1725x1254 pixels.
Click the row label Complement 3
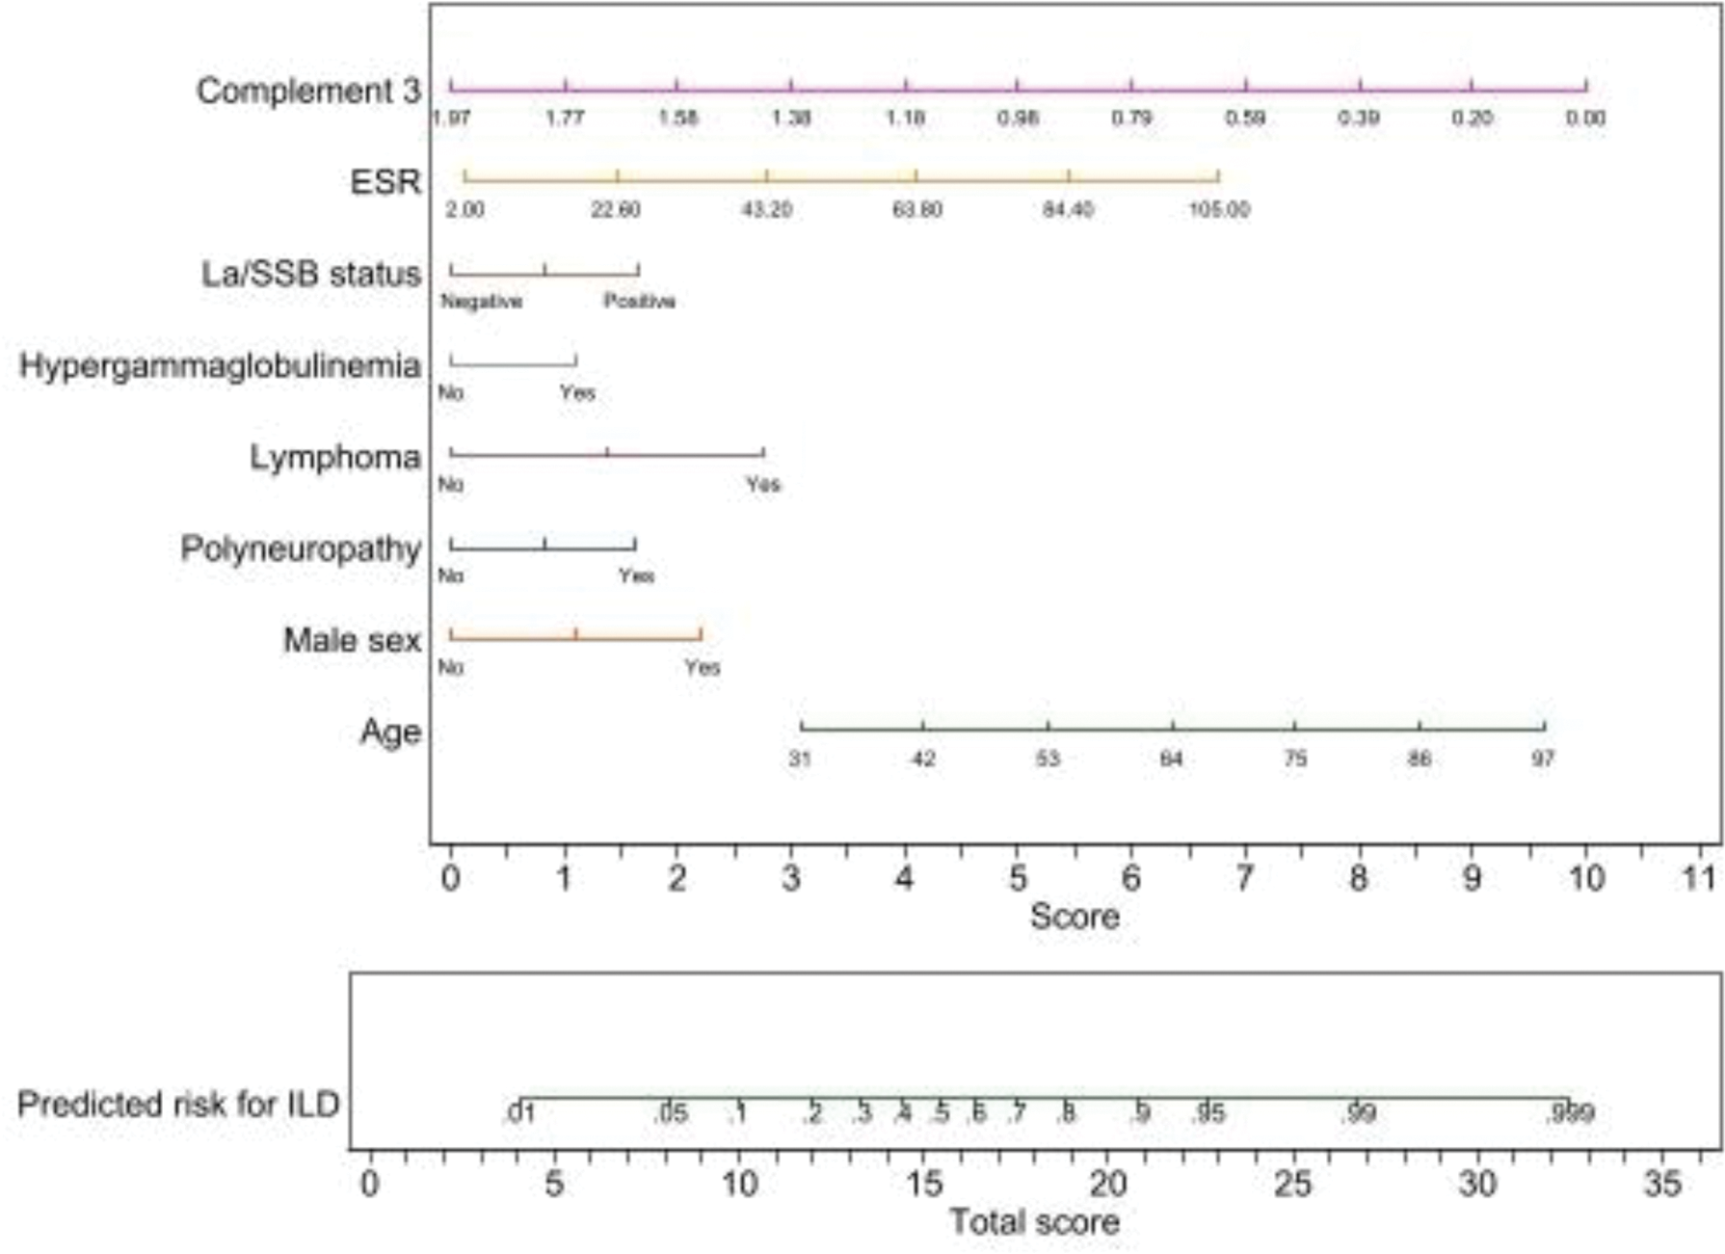pyautogui.click(x=308, y=91)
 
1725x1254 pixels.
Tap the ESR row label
pyautogui.click(x=385, y=181)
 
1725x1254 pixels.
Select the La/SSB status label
pyautogui.click(x=311, y=274)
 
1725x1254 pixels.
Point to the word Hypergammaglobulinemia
pyautogui.click(x=220, y=365)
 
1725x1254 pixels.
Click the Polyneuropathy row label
pyautogui.click(x=301, y=548)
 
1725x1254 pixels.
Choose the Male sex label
pyautogui.click(x=352, y=640)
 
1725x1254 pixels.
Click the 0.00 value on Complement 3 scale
pyautogui.click(x=1585, y=118)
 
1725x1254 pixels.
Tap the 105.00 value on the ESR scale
pyautogui.click(x=1219, y=209)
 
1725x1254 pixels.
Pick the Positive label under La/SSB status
pyautogui.click(x=639, y=301)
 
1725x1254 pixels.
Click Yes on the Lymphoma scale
pyautogui.click(x=763, y=484)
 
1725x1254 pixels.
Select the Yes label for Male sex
pyautogui.click(x=703, y=667)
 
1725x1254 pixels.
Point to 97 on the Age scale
pyautogui.click(x=1544, y=759)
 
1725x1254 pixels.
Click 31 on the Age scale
pyautogui.click(x=800, y=759)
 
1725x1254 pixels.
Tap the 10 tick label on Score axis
pyautogui.click(x=1586, y=878)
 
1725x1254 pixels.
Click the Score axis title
pyautogui.click(x=1075, y=916)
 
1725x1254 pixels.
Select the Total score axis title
pyautogui.click(x=1034, y=1222)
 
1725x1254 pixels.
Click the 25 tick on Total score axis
pyautogui.click(x=1293, y=1183)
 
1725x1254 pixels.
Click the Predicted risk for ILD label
pyautogui.click(x=178, y=1104)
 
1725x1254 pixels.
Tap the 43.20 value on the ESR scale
pyautogui.click(x=767, y=209)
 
